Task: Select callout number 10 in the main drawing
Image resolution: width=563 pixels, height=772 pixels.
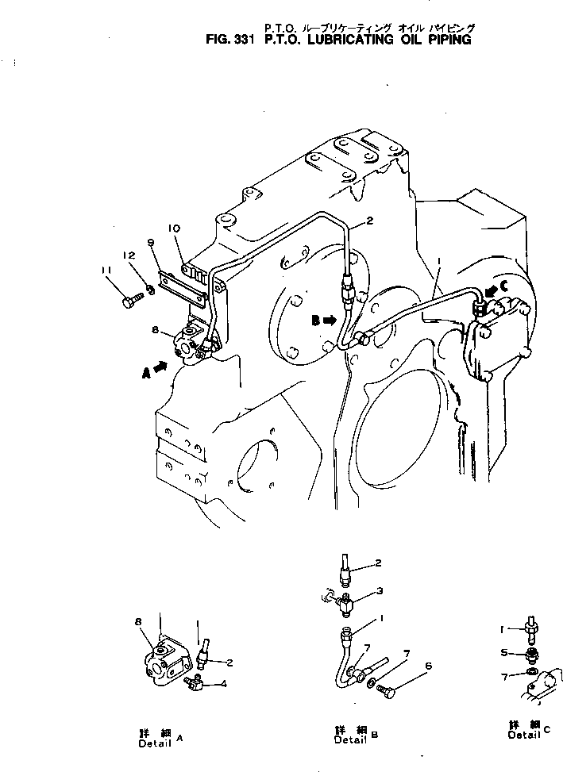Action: (x=175, y=229)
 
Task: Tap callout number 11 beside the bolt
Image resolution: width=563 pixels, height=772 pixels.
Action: (x=106, y=271)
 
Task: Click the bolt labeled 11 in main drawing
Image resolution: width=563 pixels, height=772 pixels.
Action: (x=131, y=301)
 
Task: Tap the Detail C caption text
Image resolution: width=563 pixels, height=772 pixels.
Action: (x=527, y=730)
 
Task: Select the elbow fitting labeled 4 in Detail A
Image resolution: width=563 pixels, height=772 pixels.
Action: (x=192, y=682)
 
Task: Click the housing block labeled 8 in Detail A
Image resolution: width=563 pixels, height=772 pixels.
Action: (x=162, y=658)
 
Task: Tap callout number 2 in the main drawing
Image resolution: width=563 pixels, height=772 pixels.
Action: (x=370, y=221)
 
